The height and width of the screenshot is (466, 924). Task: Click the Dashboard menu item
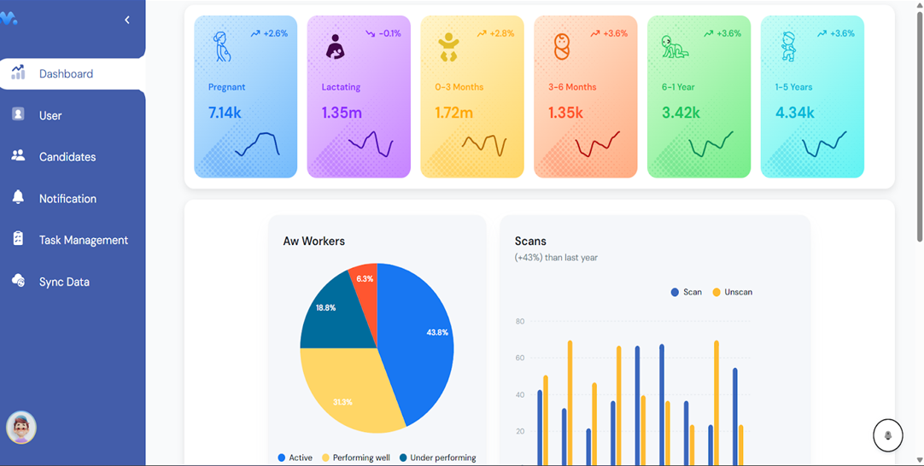pyautogui.click(x=66, y=74)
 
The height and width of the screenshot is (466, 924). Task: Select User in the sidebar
pyautogui.click(x=50, y=115)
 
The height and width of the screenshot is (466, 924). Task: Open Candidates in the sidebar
pyautogui.click(x=67, y=157)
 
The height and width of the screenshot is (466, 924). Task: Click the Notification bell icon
pyautogui.click(x=18, y=197)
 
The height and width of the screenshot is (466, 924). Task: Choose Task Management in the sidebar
pyautogui.click(x=83, y=240)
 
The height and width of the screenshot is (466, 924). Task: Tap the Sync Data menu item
pyautogui.click(x=63, y=282)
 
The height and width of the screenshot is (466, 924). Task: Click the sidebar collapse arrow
pyautogui.click(x=127, y=20)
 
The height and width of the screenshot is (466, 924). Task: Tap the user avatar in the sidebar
pyautogui.click(x=21, y=428)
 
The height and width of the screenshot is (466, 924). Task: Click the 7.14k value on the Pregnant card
pyautogui.click(x=225, y=113)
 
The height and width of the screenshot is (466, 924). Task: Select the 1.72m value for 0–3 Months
pyautogui.click(x=453, y=113)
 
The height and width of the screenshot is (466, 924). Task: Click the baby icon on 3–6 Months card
pyautogui.click(x=561, y=46)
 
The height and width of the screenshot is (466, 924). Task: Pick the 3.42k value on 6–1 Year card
pyautogui.click(x=681, y=113)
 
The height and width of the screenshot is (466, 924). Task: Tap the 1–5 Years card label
pyautogui.click(x=793, y=87)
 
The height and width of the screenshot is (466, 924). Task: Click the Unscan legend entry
pyautogui.click(x=733, y=292)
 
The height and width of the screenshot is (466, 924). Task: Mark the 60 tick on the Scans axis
pyautogui.click(x=520, y=358)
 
